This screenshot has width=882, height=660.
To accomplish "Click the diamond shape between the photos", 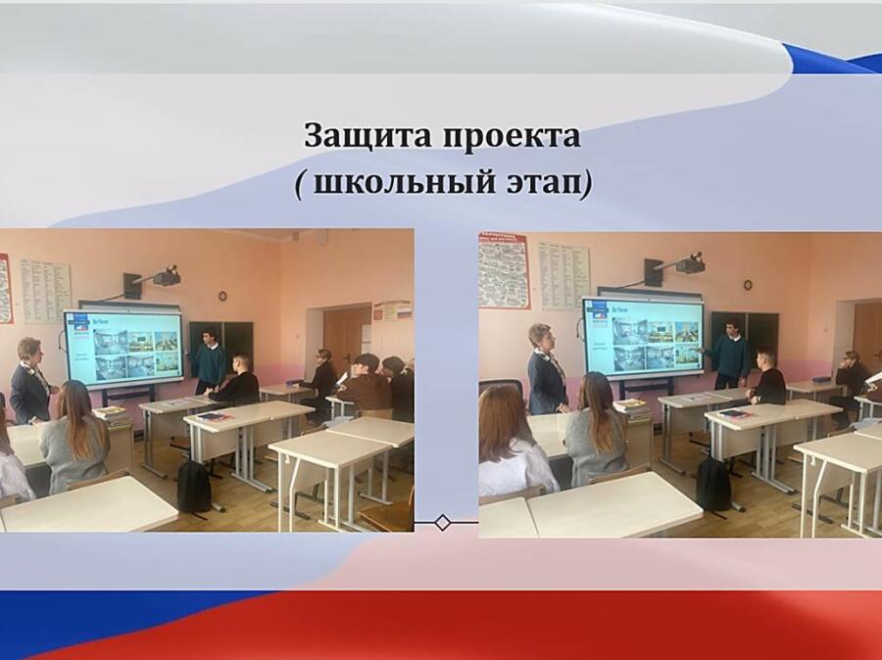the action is pyautogui.click(x=443, y=522).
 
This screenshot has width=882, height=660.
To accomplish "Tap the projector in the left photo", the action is pyautogui.click(x=167, y=276).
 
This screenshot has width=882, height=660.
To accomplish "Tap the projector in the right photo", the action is pyautogui.click(x=690, y=263).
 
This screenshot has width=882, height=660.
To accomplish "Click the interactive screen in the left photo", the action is pyautogui.click(x=123, y=347).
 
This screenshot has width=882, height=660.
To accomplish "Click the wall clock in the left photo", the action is pyautogui.click(x=222, y=296).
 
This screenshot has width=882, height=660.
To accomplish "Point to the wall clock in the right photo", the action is pyautogui.click(x=748, y=285).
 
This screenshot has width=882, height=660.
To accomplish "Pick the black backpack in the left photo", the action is pyautogui.click(x=194, y=487).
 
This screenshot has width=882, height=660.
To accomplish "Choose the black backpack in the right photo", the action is pyautogui.click(x=713, y=484).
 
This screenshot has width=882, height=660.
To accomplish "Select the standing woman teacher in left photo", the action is pyautogui.click(x=29, y=380).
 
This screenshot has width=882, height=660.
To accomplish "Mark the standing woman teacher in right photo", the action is pyautogui.click(x=546, y=369).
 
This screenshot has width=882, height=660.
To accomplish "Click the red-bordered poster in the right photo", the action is pyautogui.click(x=504, y=271).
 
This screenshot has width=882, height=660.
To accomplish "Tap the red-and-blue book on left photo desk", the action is pyautogui.click(x=213, y=416).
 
